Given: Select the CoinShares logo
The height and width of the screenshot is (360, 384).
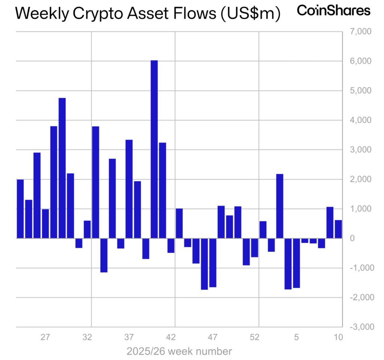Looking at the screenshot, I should [x=333, y=11].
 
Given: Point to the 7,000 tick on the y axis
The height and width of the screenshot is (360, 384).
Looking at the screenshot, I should [x=360, y=32].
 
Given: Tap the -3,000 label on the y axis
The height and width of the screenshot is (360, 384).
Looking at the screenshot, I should [x=360, y=327].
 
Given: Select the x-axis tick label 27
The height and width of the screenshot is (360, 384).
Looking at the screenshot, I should [x=45, y=337].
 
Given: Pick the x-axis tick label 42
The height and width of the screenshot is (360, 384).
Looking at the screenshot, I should [x=171, y=337].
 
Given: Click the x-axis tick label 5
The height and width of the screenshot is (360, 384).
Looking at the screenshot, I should [x=296, y=337].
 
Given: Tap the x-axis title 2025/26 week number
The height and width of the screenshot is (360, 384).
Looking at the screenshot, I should [x=179, y=352].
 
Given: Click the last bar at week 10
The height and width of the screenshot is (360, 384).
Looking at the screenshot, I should [x=338, y=229].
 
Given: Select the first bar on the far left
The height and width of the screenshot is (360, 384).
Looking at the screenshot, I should [x=20, y=209].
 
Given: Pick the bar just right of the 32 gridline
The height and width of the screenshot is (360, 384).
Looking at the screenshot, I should [x=96, y=182].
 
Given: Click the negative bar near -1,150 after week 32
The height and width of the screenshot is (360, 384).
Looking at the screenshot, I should [x=104, y=255].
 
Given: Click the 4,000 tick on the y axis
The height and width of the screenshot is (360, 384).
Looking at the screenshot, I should [x=360, y=120].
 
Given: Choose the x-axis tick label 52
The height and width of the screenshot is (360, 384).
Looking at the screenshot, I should [x=255, y=337].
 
